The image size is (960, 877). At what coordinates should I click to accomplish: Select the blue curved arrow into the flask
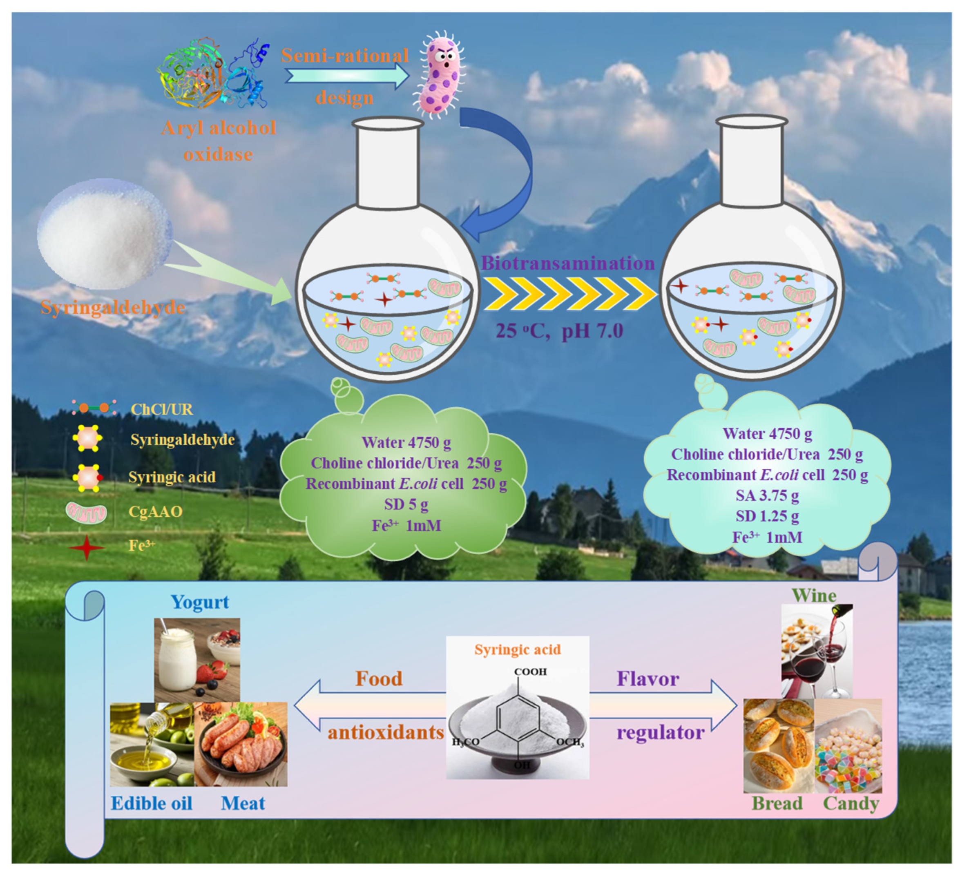coord(505,176)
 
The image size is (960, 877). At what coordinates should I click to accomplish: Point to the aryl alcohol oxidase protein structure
coord(212,74)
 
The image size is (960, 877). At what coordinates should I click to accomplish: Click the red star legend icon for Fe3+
coord(86,547)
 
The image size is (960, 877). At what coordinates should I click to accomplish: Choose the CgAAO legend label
coord(155,512)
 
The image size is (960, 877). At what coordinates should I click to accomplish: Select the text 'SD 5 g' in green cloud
coord(406,504)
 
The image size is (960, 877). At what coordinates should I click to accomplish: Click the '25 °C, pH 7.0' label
coord(559,331)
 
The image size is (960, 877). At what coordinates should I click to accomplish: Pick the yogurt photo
coord(196,660)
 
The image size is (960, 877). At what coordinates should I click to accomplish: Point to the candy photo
coord(848,745)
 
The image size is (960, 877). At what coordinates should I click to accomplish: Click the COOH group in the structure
coord(530,672)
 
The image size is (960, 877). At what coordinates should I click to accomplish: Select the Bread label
coord(777,804)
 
